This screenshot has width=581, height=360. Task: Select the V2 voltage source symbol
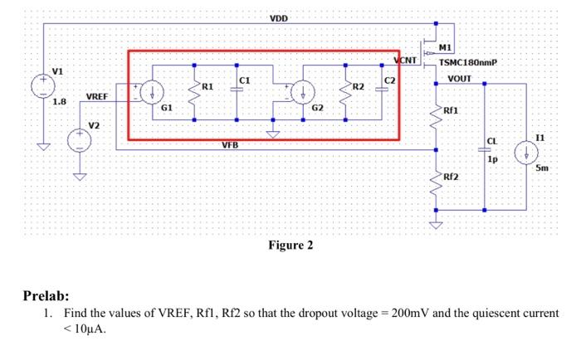[x=80, y=139]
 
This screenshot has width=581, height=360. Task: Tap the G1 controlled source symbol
[x=154, y=91]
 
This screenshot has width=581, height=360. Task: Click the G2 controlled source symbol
[x=304, y=91]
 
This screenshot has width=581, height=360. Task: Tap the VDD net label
[x=280, y=18]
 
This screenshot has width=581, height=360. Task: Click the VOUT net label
[x=459, y=79]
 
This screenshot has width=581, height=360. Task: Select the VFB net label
[x=229, y=144]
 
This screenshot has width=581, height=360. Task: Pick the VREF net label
[x=97, y=97]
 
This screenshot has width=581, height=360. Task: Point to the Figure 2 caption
[x=290, y=246]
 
